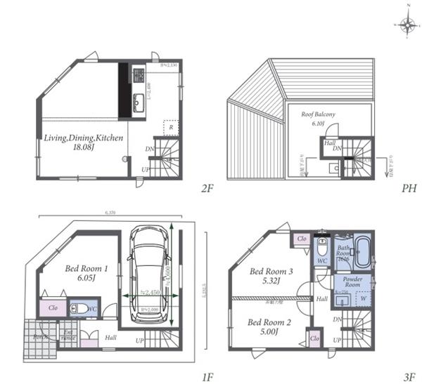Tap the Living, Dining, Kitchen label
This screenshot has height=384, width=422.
[84, 143]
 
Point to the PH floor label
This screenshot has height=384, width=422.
[409, 188]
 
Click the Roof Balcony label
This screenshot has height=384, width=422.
[319, 118]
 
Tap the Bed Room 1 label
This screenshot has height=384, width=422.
[87, 272]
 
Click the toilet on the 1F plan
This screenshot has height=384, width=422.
[80, 308]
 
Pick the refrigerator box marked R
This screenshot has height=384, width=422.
[170, 127]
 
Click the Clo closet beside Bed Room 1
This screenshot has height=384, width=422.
[53, 307]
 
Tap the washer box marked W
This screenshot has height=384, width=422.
[363, 299]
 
